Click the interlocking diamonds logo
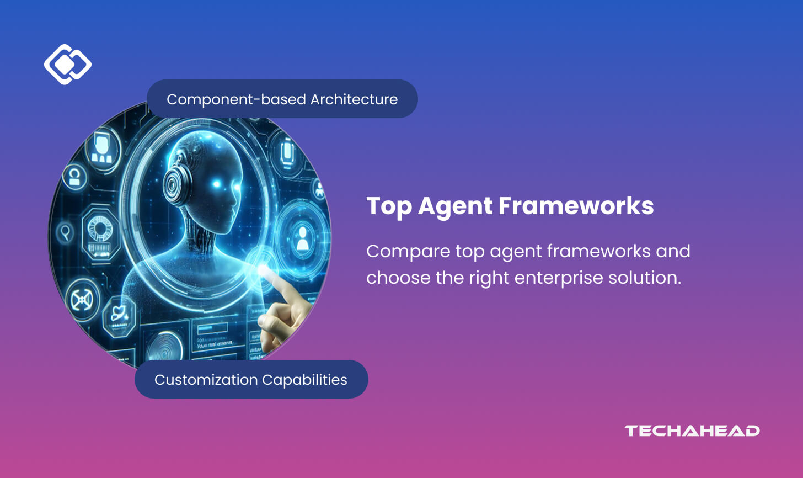coord(67,64)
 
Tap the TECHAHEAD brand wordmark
coord(692,431)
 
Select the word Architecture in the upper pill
coord(354,99)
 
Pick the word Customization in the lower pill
coord(206,380)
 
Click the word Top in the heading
coord(388,206)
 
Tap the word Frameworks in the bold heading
coord(576,206)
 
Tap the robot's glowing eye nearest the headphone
coord(217,184)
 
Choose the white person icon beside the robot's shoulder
coord(302,237)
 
